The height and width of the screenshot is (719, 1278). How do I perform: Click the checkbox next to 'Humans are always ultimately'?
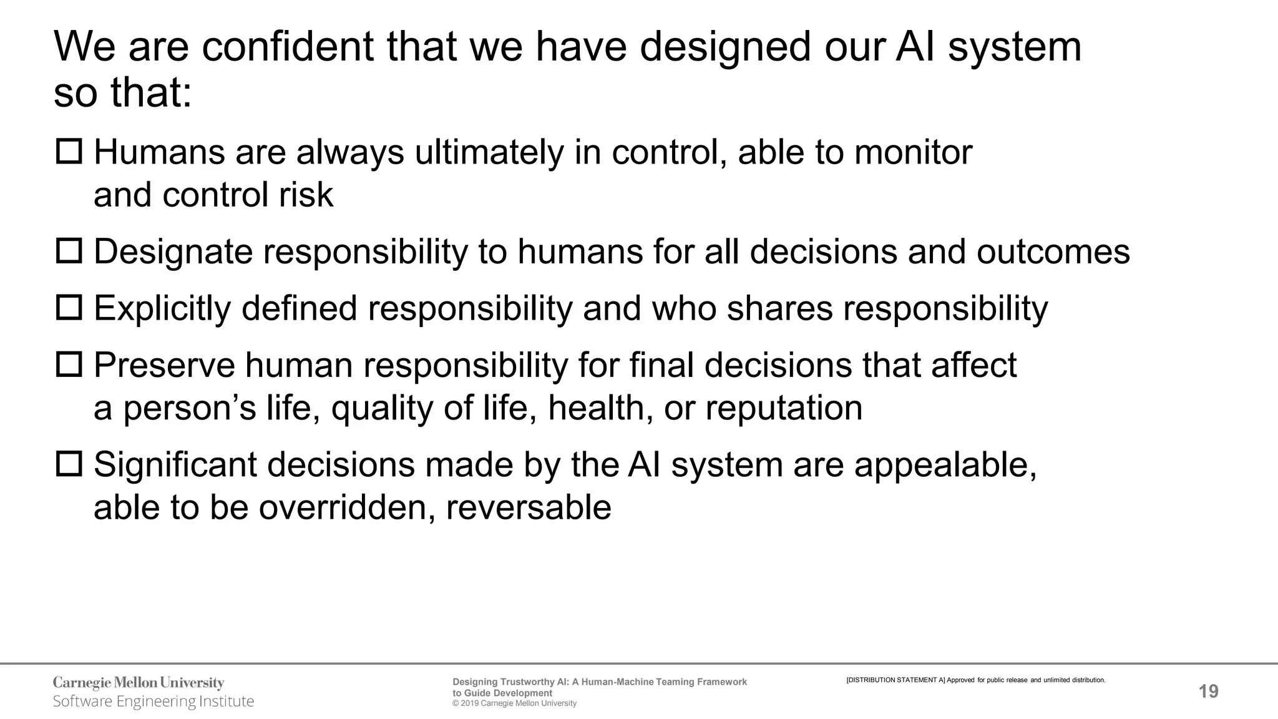click(69, 152)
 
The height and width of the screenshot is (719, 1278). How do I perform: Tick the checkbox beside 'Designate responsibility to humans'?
click(69, 251)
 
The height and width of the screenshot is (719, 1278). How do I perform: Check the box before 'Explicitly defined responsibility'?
click(69, 308)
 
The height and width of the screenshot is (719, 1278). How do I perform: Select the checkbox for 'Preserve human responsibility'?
click(69, 364)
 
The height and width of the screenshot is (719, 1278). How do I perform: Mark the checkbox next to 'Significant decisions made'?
click(69, 464)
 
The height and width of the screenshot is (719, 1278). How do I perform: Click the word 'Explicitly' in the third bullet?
click(162, 308)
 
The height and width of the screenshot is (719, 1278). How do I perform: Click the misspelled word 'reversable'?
click(529, 507)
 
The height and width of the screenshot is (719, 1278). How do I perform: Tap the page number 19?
click(1209, 692)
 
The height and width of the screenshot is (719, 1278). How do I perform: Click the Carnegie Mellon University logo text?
click(139, 683)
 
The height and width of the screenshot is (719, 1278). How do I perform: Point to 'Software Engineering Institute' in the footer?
click(154, 702)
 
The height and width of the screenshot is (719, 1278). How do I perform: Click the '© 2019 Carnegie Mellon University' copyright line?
click(514, 703)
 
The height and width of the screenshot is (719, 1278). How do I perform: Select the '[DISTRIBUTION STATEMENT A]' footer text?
click(895, 680)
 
